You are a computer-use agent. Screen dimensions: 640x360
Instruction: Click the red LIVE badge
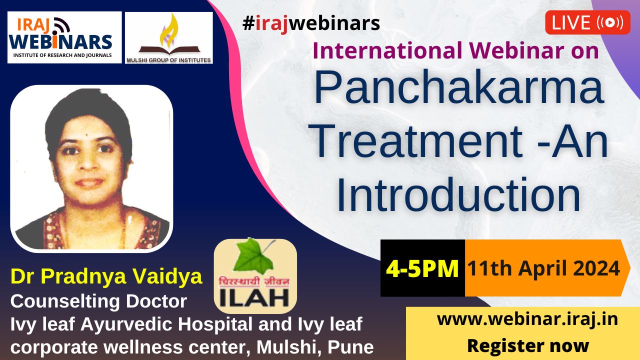coord(587,22)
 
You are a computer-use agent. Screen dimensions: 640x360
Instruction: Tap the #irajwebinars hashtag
coord(311,23)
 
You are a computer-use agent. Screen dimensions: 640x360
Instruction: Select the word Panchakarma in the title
coord(459,87)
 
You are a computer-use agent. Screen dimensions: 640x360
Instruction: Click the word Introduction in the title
coord(459,194)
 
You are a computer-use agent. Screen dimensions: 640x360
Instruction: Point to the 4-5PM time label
coord(422,268)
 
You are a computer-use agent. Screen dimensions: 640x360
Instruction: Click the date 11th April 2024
coord(544,268)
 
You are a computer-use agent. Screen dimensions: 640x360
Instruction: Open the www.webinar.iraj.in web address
coord(527,319)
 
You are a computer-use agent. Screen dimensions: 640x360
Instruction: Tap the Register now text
coord(528,345)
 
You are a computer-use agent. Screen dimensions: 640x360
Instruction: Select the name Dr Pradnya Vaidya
coord(106,277)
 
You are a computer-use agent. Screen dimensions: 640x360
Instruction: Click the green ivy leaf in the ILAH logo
coord(252,256)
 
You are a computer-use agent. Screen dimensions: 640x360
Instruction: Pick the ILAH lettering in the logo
coord(254,298)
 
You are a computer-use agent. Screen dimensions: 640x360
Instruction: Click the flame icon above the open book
coord(169,30)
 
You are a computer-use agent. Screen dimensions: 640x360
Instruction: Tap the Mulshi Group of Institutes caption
coord(168,60)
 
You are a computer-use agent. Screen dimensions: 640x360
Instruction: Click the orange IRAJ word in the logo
coord(33,24)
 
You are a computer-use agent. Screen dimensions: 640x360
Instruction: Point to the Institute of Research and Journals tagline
coord(62,55)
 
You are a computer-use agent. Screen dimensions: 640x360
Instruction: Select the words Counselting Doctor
coord(99,301)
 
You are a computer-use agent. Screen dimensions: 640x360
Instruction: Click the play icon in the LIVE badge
coord(610,22)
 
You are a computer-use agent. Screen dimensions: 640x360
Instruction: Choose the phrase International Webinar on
coord(455,50)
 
